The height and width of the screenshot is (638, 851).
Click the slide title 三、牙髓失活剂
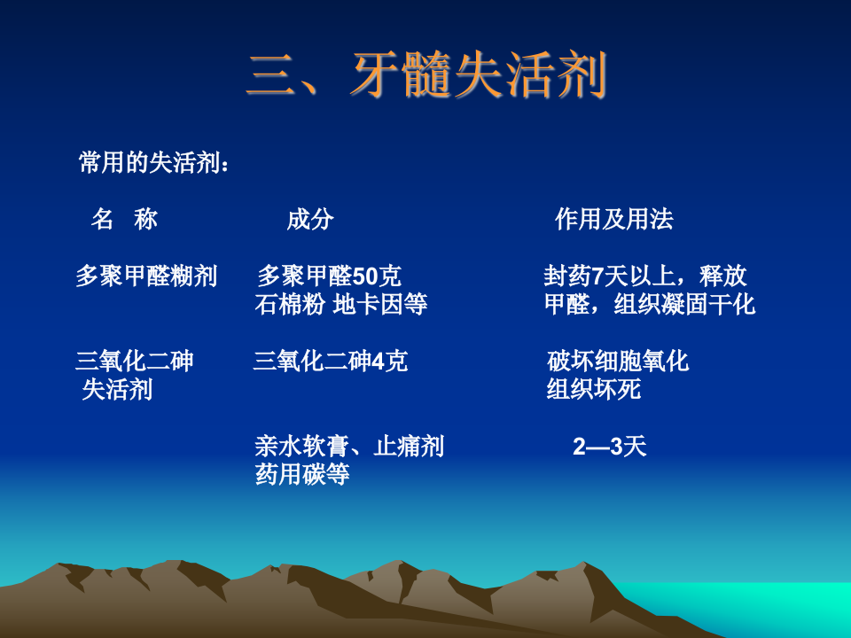[x=426, y=75]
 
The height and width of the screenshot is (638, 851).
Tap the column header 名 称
[x=124, y=220]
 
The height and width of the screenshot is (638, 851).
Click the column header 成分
[x=309, y=220]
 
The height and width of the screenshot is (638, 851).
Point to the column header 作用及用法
[x=613, y=220]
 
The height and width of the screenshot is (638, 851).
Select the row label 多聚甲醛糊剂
[x=146, y=276]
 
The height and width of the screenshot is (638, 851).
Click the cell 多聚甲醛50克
[x=329, y=276]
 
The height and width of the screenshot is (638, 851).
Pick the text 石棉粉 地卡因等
[x=341, y=305]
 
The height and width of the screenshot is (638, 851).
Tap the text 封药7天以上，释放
[x=644, y=276]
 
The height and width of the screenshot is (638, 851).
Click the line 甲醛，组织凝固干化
[x=649, y=305]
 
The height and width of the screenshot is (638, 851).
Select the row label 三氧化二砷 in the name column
[x=135, y=362]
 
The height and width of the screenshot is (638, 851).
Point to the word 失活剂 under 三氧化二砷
[x=117, y=390]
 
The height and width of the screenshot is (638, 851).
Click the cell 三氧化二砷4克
[x=331, y=362]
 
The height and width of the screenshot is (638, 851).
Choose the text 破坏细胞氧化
[x=618, y=362]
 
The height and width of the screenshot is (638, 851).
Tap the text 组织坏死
[x=593, y=390]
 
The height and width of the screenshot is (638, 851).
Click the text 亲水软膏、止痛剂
[x=349, y=447]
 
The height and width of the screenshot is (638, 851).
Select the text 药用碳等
[x=302, y=475]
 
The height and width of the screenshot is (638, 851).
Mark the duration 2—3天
[x=610, y=447]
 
